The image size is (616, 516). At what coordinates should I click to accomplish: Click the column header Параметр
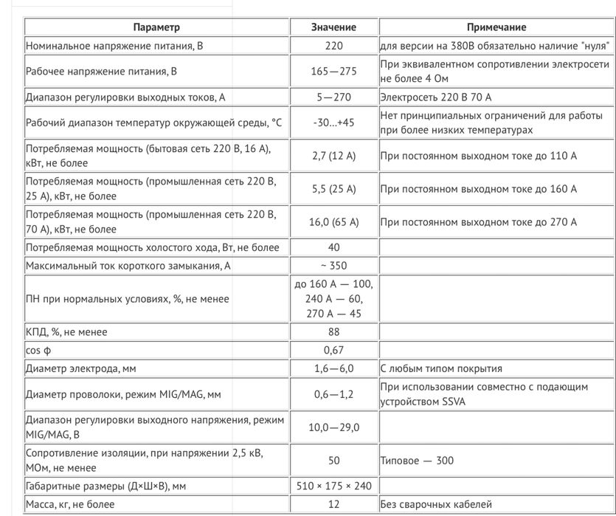(x=156, y=27)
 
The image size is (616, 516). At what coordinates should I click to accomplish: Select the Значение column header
(x=333, y=27)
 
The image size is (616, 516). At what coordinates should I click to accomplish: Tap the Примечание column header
(x=496, y=27)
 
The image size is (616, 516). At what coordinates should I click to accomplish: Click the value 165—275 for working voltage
(x=333, y=72)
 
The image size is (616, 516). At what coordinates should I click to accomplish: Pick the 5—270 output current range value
(x=333, y=97)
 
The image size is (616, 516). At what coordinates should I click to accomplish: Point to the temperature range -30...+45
(x=333, y=123)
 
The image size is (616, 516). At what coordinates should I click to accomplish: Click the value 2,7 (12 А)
(x=333, y=156)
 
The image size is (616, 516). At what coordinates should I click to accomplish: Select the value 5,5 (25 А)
(x=333, y=189)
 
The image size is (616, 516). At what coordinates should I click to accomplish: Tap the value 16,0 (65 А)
(x=333, y=221)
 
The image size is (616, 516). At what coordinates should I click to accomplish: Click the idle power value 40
(x=333, y=247)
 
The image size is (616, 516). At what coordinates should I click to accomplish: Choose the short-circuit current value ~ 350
(x=333, y=266)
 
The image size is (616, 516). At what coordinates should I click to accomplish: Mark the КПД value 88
(x=333, y=332)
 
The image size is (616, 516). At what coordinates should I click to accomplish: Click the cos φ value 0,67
(x=333, y=351)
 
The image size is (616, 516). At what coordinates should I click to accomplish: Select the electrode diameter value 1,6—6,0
(x=333, y=369)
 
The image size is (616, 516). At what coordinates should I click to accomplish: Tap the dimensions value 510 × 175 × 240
(x=333, y=486)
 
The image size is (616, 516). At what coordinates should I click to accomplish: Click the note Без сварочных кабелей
(x=437, y=505)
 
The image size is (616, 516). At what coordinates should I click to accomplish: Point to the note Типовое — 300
(x=418, y=461)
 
